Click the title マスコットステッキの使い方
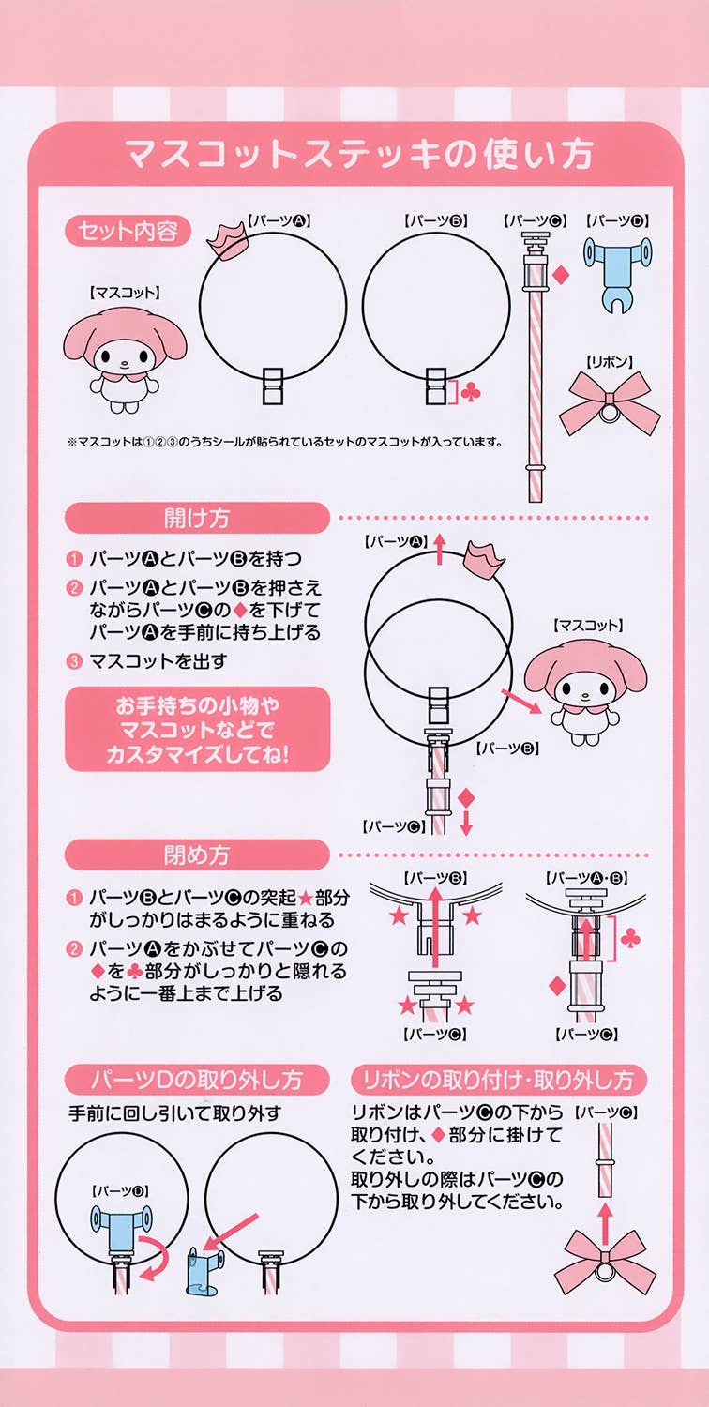(358, 154)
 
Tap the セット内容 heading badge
(128, 231)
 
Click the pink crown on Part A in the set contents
(228, 242)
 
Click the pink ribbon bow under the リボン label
(610, 402)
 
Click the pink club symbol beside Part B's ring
(471, 393)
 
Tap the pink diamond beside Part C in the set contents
(561, 275)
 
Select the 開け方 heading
(197, 518)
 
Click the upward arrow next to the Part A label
(439, 549)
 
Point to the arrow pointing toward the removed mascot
(521, 701)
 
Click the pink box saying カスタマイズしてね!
(197, 729)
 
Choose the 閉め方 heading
(197, 855)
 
